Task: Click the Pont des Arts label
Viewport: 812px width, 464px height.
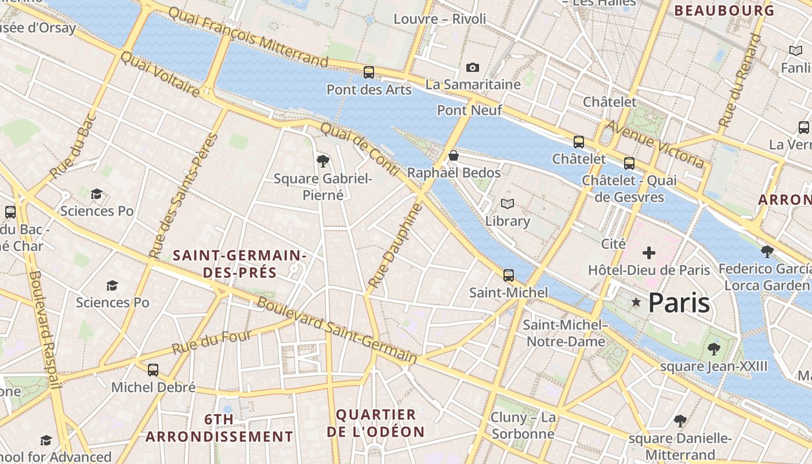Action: (369, 90)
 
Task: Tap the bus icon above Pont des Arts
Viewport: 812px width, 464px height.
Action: (369, 72)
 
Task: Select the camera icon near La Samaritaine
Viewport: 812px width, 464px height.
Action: (473, 68)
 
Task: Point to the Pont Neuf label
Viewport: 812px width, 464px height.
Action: (469, 110)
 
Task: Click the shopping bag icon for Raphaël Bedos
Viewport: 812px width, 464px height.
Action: (454, 155)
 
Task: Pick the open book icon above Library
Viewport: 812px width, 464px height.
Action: (507, 204)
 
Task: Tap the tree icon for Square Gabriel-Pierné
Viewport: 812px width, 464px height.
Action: (322, 161)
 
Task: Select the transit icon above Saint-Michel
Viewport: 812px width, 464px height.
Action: (509, 275)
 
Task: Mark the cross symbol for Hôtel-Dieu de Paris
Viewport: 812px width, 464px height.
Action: (649, 253)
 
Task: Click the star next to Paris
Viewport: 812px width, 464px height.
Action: (636, 302)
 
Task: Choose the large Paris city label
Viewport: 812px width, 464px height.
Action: (679, 303)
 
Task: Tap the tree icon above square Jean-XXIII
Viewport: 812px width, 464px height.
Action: (713, 349)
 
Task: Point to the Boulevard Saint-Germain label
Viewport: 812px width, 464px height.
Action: (337, 331)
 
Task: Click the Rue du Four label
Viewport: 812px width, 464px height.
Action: (212, 342)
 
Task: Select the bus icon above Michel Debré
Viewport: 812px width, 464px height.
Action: (153, 370)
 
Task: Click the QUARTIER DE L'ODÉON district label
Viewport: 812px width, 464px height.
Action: (376, 423)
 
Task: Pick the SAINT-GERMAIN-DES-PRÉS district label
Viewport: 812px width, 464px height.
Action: (240, 264)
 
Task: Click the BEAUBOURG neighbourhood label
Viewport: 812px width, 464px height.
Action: (724, 10)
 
